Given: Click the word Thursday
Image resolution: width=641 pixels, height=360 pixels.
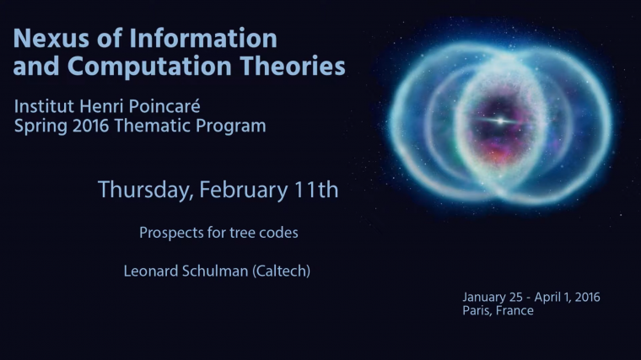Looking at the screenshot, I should [144, 191].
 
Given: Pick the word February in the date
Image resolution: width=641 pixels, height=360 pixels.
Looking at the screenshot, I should [245, 191].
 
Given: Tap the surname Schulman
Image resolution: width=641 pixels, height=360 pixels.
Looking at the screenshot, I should [208, 271].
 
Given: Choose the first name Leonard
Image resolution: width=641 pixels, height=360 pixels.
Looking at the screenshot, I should [149, 271].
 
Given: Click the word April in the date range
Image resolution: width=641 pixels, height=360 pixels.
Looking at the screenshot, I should [550, 298].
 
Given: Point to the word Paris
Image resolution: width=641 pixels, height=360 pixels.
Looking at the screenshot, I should [477, 311].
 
